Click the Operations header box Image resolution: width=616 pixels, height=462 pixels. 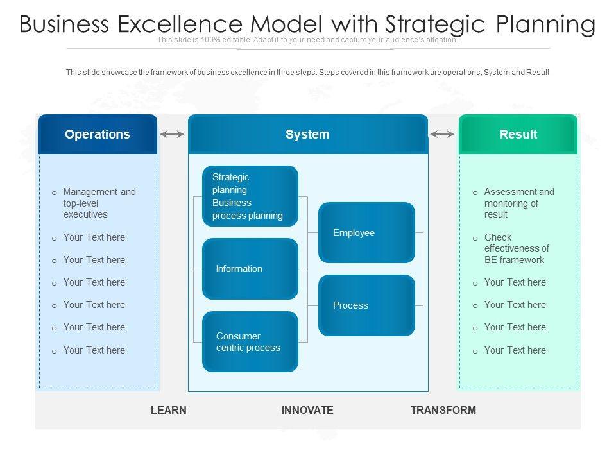click(98, 134)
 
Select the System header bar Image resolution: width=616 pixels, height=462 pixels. click(307, 134)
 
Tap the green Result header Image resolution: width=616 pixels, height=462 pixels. click(518, 134)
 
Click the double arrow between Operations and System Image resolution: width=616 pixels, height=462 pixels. click(172, 134)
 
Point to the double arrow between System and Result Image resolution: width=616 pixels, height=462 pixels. click(442, 134)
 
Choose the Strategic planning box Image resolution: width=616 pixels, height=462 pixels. click(250, 196)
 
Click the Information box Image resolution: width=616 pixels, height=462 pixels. click(250, 269)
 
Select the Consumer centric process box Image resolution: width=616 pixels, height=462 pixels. click(250, 341)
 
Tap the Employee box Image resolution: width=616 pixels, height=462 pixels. click(366, 233)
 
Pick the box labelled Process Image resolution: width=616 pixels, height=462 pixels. click(366, 305)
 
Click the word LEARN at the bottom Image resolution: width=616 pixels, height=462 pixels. click(169, 410)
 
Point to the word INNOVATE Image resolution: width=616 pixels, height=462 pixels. click(307, 410)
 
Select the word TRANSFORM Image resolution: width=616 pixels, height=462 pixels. click(443, 410)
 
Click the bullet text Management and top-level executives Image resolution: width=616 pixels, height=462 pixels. click(99, 203)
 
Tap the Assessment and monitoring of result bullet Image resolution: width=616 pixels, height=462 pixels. click(518, 203)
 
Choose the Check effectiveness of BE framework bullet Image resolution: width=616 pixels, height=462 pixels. click(517, 248)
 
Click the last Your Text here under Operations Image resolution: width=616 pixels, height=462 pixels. click(94, 350)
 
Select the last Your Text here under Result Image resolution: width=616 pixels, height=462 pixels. click(515, 350)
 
